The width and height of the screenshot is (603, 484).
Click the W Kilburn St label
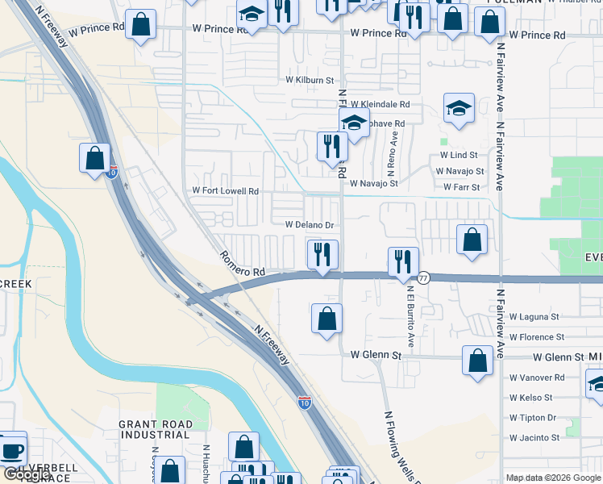point(310,81)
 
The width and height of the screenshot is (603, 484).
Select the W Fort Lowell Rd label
point(225,191)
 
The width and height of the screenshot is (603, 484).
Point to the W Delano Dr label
point(310,225)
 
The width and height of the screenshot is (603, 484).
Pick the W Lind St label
point(459,155)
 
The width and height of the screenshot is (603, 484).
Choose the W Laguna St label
point(534,318)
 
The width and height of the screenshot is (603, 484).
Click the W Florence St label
point(536,337)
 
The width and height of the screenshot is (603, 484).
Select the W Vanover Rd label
point(537,378)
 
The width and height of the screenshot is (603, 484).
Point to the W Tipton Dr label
point(533,418)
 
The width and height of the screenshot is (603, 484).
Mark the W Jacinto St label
point(534,438)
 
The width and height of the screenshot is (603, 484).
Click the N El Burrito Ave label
point(410,317)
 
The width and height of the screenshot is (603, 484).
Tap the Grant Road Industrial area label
point(156,429)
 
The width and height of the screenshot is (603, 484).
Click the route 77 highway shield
point(424,277)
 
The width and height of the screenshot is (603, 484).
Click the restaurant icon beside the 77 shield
point(403,261)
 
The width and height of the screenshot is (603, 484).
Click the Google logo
point(27,474)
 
